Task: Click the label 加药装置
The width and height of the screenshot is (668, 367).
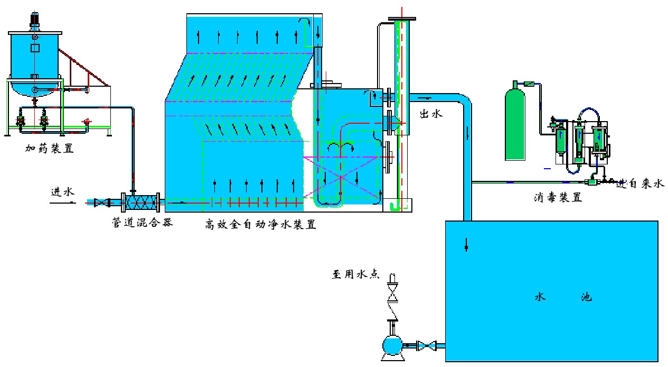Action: tap(49, 149)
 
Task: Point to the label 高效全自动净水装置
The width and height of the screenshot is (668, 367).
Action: tap(260, 224)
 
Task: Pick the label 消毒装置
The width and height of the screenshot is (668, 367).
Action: tap(557, 198)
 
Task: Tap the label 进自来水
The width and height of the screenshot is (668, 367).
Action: tap(639, 184)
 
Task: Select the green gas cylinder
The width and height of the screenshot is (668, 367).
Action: tap(515, 124)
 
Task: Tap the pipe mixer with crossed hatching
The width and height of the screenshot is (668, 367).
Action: tap(141, 202)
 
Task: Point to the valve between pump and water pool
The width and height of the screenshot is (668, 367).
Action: tap(427, 346)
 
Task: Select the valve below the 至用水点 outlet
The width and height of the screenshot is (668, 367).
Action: tap(392, 291)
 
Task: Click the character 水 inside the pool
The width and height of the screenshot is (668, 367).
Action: tap(539, 297)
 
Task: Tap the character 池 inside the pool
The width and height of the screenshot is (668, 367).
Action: tap(586, 297)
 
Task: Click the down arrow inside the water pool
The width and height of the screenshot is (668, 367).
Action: tap(466, 245)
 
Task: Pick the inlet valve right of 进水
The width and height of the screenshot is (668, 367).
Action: tap(98, 202)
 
